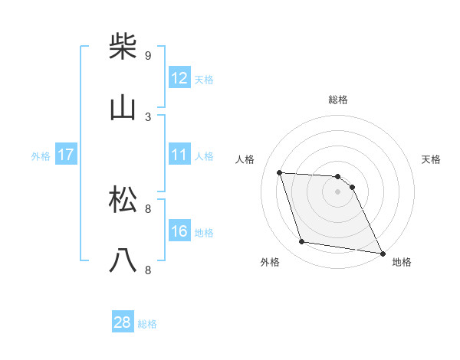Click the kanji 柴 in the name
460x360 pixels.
[x=123, y=47]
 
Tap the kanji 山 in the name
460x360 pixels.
[x=123, y=108]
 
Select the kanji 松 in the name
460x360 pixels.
[x=123, y=200]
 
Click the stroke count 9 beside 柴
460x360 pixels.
[x=148, y=55]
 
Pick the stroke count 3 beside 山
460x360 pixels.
[x=148, y=116]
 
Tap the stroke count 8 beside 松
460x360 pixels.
[x=148, y=208]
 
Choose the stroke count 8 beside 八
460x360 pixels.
[x=148, y=270]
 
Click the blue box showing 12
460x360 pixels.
[x=179, y=77]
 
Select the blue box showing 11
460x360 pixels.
[x=179, y=154]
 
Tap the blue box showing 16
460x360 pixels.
[x=179, y=231]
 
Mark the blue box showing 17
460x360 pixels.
[x=65, y=155]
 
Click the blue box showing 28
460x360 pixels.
[x=123, y=322]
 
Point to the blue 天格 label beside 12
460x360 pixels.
[x=204, y=79]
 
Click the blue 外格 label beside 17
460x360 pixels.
[x=41, y=156]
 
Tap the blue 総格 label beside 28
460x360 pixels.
[x=147, y=324]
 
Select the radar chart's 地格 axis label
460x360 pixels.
[x=402, y=262]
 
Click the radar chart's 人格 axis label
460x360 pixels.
[x=246, y=159]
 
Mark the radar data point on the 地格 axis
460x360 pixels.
[x=381, y=252]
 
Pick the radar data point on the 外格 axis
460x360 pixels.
[x=302, y=242]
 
